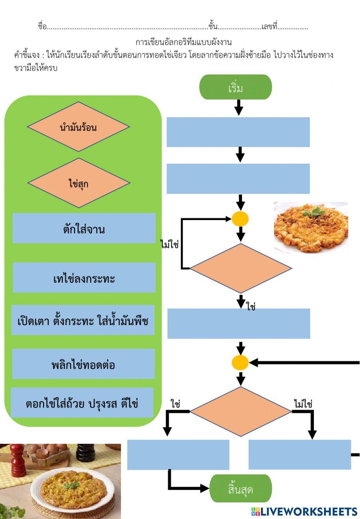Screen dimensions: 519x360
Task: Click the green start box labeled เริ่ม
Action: tap(235, 87)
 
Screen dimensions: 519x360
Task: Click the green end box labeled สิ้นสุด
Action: tap(240, 488)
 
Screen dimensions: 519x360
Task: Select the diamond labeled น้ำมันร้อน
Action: tap(78, 127)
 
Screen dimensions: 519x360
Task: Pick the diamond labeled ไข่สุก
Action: tap(78, 183)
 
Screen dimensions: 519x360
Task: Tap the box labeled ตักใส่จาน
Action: tap(84, 228)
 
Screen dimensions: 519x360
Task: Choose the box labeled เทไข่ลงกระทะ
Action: tap(84, 278)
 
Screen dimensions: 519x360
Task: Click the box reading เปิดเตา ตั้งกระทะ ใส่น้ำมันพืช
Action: tap(83, 320)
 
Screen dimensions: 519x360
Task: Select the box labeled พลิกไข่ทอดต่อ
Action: tap(84, 364)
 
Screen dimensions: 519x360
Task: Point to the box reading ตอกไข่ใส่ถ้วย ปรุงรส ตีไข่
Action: tap(82, 403)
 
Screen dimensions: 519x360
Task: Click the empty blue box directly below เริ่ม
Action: tap(238, 132)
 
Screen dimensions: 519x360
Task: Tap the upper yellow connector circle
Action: tap(240, 219)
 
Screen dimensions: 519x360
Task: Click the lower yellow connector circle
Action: tap(240, 363)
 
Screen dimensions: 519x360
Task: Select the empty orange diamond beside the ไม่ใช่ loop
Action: tap(240, 268)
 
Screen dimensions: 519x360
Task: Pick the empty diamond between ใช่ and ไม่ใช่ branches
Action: tap(240, 411)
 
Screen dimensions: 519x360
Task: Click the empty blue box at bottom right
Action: tap(300, 455)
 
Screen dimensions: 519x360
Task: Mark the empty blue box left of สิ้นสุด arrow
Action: tap(178, 455)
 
